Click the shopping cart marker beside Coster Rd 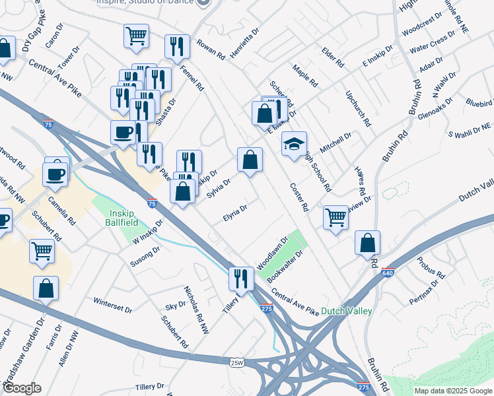coord(336,216)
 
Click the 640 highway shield coord(388,272)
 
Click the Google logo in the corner coord(21,388)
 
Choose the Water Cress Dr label coord(429,46)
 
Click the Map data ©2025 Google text coord(453,391)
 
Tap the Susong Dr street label coord(147,259)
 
